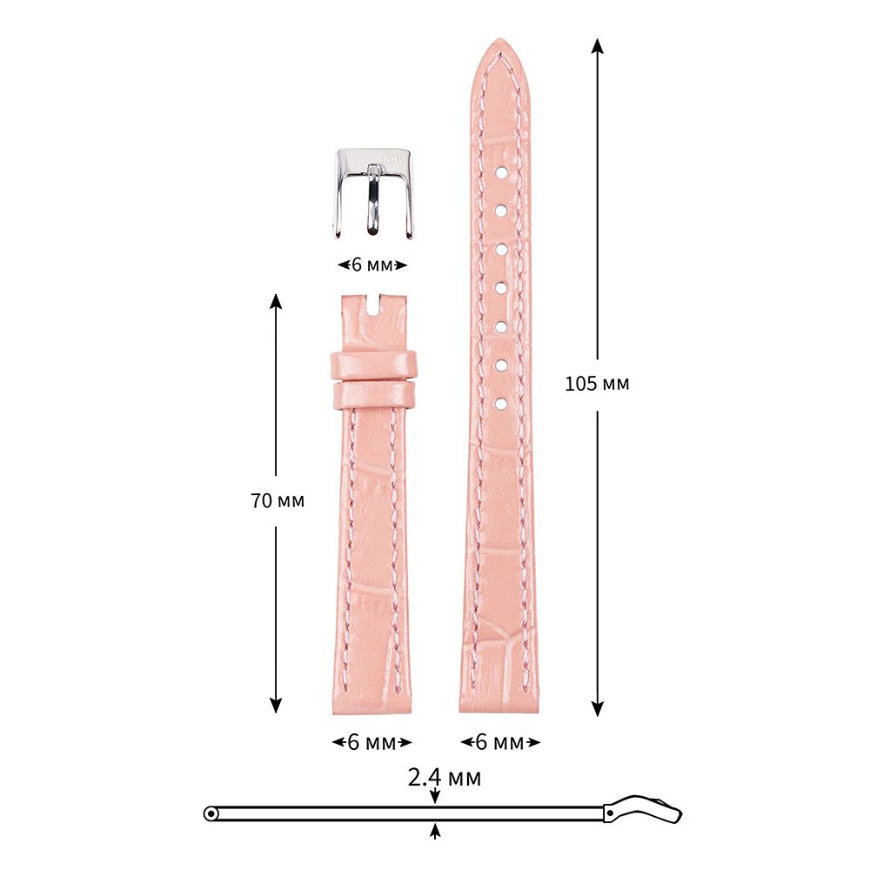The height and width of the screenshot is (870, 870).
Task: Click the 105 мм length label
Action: (x=597, y=384)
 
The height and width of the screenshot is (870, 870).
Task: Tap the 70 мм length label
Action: (x=278, y=500)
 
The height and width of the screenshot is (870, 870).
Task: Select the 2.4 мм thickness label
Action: (x=445, y=777)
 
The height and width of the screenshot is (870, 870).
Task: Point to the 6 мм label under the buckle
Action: (x=372, y=265)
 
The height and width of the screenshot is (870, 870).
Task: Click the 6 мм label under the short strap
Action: (x=371, y=742)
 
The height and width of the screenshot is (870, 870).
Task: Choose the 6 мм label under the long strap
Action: (x=500, y=742)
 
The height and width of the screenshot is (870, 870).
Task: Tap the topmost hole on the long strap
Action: (x=500, y=173)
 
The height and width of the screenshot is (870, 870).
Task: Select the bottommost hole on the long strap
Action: (x=500, y=404)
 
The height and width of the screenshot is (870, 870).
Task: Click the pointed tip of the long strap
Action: (x=499, y=40)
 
